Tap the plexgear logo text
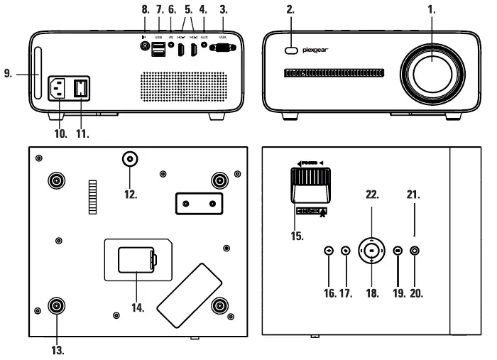pos(319,50)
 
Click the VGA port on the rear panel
pos(223,48)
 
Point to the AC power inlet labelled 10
pos(59,89)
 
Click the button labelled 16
pos(328,250)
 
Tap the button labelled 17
pos(346,250)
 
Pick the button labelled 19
pos(398,250)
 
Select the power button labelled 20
pos(415,250)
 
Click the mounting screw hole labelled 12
pos(129,158)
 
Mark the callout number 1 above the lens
pos(432,11)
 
